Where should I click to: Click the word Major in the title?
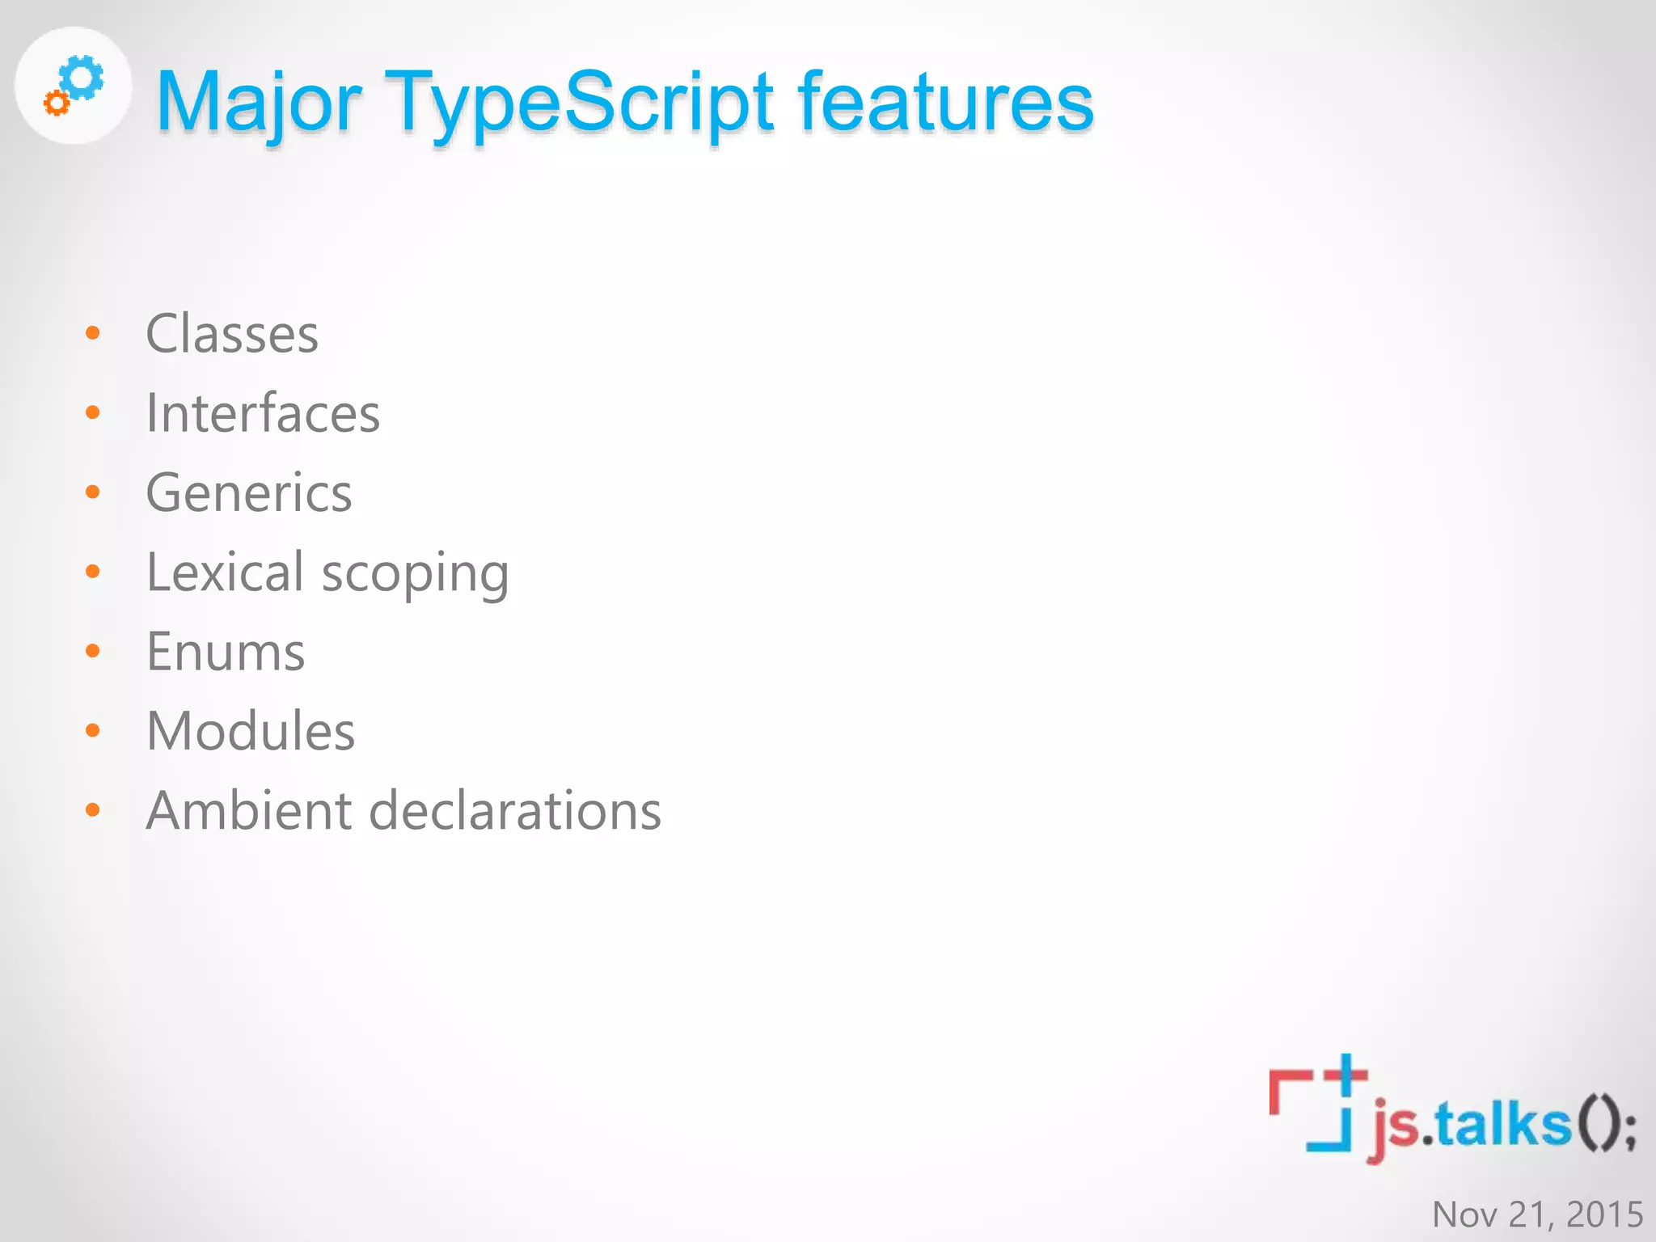pyautogui.click(x=259, y=103)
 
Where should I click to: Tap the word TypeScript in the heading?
pyautogui.click(x=579, y=103)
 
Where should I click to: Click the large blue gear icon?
pyautogui.click(x=82, y=78)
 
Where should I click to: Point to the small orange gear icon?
pyautogui.click(x=57, y=103)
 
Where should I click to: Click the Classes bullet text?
pyautogui.click(x=232, y=334)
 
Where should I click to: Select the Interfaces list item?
pyautogui.click(x=263, y=413)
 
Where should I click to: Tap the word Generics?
pyautogui.click(x=249, y=492)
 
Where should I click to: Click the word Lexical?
pyautogui.click(x=225, y=572)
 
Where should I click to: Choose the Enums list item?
pyautogui.click(x=226, y=652)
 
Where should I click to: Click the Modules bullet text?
pyautogui.click(x=251, y=731)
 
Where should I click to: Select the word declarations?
pyautogui.click(x=515, y=810)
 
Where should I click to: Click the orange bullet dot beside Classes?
pyautogui.click(x=93, y=333)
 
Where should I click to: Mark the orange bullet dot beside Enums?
pyautogui.click(x=93, y=651)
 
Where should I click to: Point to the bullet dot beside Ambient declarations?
pyautogui.click(x=93, y=809)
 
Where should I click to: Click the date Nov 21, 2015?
pyautogui.click(x=1537, y=1214)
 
